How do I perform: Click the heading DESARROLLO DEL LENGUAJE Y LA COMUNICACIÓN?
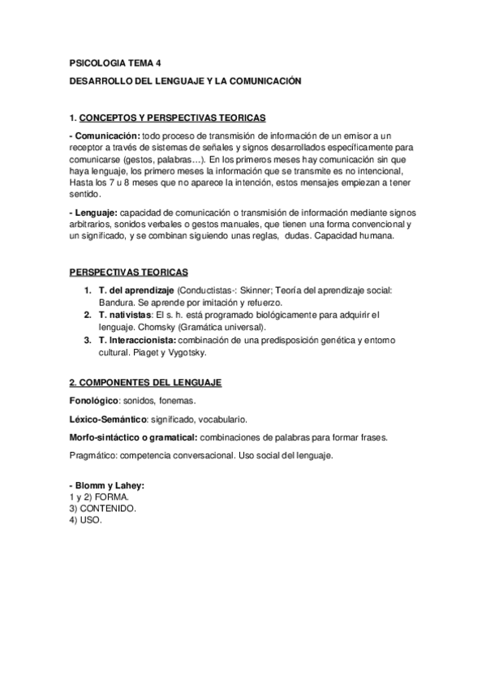(x=185, y=82)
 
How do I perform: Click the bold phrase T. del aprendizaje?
(x=136, y=290)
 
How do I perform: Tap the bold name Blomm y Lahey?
(x=109, y=485)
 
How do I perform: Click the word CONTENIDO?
(x=110, y=508)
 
